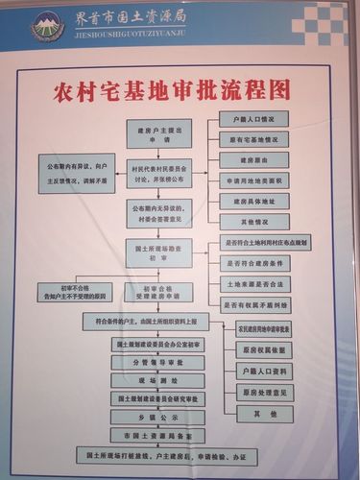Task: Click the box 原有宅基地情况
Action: (x=248, y=140)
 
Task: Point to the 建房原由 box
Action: (x=248, y=160)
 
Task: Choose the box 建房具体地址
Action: (x=248, y=201)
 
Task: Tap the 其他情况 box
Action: (x=248, y=221)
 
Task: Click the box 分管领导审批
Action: (x=158, y=364)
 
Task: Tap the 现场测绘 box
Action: (x=158, y=381)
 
